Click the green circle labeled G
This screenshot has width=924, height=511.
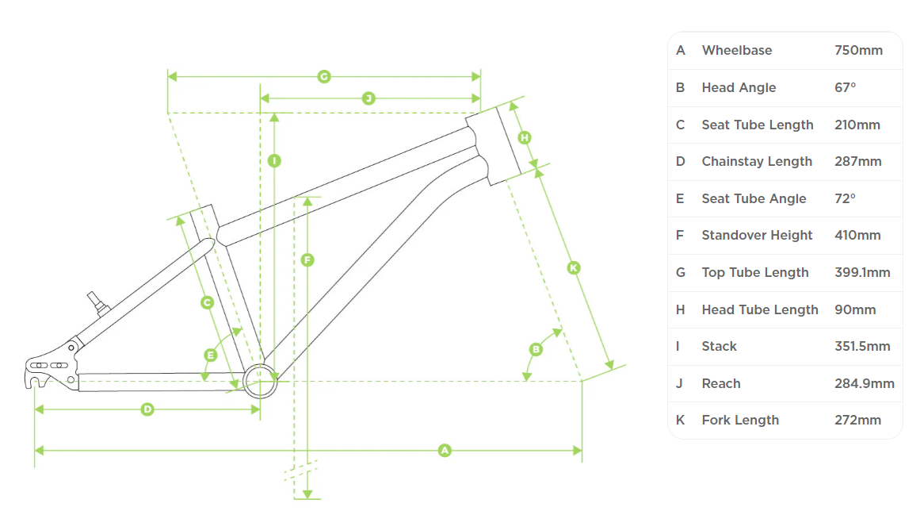pos(323,76)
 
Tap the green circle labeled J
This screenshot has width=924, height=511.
pos(368,98)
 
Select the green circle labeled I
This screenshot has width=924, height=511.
pos(274,160)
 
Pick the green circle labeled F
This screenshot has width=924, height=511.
pos(307,259)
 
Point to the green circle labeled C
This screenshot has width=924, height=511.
pos(207,302)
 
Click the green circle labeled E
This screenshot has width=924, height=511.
pos(211,355)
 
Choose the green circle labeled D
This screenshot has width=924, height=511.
pos(147,409)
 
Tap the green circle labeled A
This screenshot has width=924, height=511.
pos(445,451)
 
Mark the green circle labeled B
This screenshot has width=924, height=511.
pos(536,348)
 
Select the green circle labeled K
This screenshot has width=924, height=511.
pos(575,268)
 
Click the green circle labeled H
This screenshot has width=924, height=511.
pos(524,137)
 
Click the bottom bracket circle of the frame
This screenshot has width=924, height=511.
pos(260,381)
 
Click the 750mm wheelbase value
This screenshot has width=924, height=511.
pos(858,50)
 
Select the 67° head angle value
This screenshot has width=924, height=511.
pos(845,87)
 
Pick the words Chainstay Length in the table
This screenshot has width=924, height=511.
pos(757,161)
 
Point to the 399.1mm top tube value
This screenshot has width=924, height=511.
pos(862,272)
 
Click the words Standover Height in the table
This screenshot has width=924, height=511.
pos(757,235)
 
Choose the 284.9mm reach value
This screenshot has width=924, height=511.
pos(864,383)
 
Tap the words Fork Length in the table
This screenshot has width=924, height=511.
pos(740,420)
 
